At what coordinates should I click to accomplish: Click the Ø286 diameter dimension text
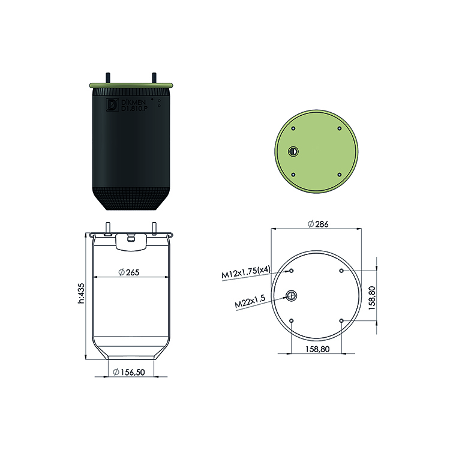317,224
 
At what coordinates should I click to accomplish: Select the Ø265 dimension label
129,272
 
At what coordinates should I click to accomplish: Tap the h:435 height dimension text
81,293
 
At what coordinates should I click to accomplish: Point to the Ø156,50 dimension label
129,372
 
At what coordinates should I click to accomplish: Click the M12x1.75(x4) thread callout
246,272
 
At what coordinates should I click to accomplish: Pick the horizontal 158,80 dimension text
317,349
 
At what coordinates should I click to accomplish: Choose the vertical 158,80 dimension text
372,298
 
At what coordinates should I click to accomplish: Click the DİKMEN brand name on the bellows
134,102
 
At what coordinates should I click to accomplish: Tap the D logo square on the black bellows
112,105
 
